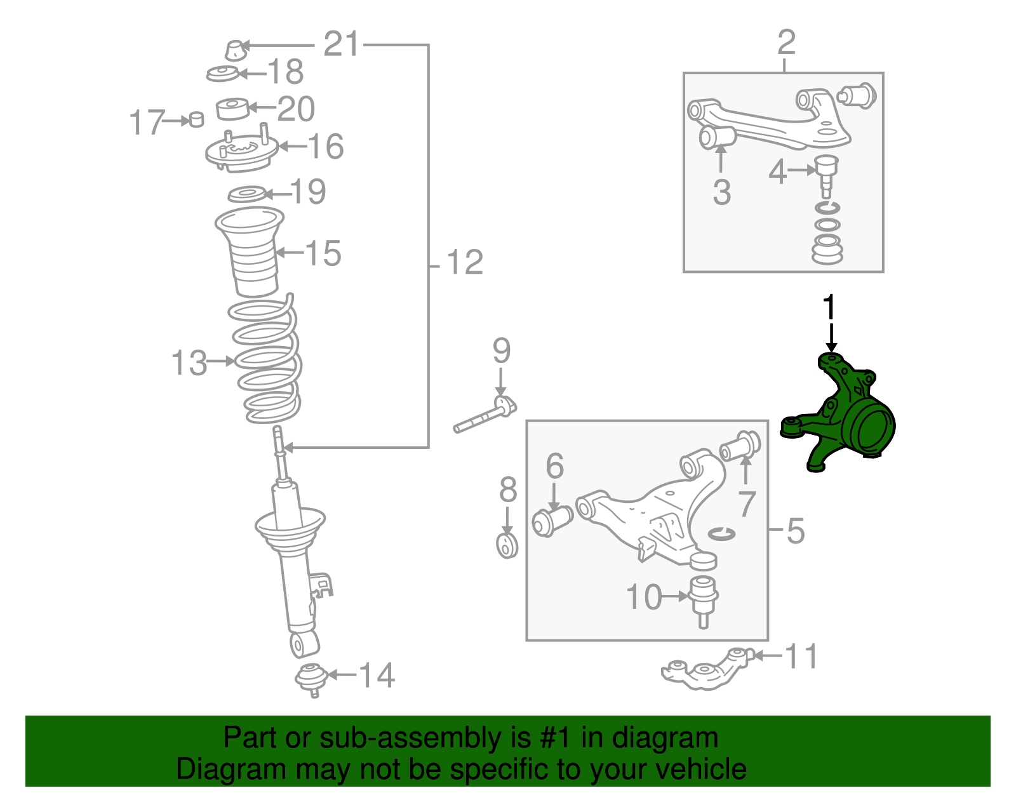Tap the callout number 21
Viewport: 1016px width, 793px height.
pyautogui.click(x=342, y=44)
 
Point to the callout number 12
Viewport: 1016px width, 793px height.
pyautogui.click(x=465, y=262)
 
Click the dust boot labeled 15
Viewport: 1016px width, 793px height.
pyautogui.click(x=250, y=252)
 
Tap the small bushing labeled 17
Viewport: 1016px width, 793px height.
pyautogui.click(x=197, y=119)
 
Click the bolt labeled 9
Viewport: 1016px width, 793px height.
pyautogui.click(x=485, y=415)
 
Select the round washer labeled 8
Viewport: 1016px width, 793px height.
pyautogui.click(x=507, y=545)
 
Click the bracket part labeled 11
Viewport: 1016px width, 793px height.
pyautogui.click(x=707, y=669)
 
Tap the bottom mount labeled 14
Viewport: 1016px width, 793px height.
pyautogui.click(x=311, y=679)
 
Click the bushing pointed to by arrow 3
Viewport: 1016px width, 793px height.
pyautogui.click(x=718, y=137)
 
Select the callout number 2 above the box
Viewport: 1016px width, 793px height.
pyautogui.click(x=786, y=42)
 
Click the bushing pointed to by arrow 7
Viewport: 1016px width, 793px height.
pyautogui.click(x=740, y=446)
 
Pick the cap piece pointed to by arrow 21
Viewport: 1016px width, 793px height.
pyautogui.click(x=236, y=50)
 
